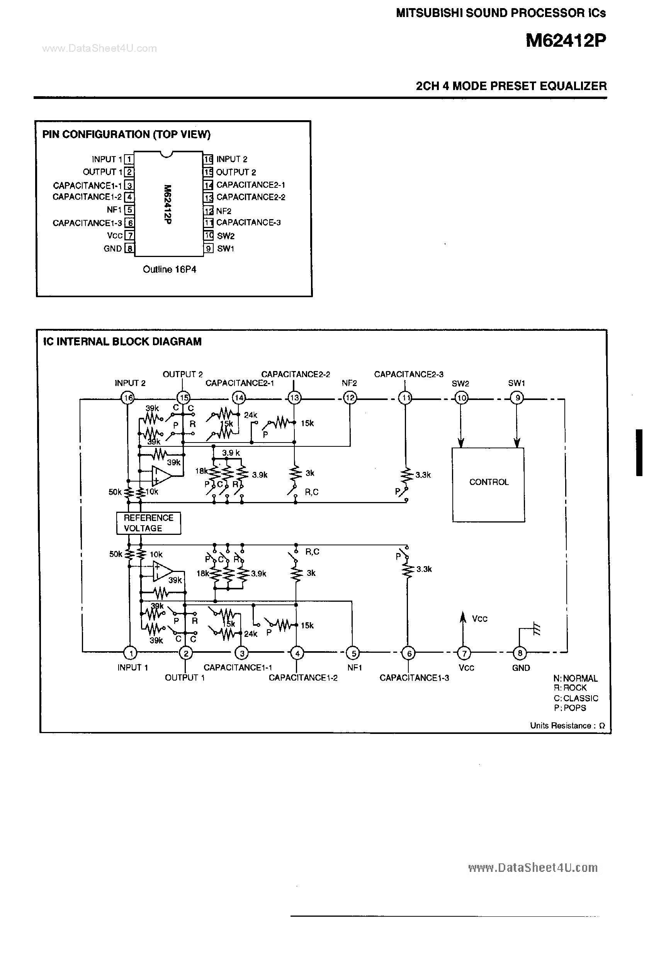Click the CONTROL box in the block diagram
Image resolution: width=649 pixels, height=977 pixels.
[x=488, y=484]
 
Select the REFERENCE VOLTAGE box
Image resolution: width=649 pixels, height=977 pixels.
[x=148, y=523]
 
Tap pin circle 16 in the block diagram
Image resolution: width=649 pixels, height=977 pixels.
[x=128, y=398]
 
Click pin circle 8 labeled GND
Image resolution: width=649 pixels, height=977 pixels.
[x=520, y=653]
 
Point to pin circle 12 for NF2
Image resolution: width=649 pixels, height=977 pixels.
[x=350, y=398]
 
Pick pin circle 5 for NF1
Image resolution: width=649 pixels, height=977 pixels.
[x=353, y=653]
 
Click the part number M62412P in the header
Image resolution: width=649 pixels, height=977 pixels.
[x=566, y=41]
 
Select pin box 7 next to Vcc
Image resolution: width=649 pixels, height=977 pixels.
[x=129, y=236]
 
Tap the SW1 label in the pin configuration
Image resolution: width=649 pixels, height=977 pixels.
[x=226, y=249]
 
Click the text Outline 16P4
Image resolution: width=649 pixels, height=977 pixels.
[x=169, y=269]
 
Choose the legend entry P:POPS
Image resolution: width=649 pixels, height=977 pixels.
[x=569, y=708]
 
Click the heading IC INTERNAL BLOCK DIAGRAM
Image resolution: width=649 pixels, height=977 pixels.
[x=122, y=342]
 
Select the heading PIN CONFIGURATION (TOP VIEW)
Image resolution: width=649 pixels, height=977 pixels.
[x=126, y=134]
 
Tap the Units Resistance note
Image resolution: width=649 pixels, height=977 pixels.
[x=567, y=726]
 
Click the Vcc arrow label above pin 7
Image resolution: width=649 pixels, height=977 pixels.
[x=479, y=619]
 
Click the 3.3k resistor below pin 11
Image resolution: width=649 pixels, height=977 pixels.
[x=407, y=475]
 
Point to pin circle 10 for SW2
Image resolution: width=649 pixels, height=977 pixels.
[x=461, y=398]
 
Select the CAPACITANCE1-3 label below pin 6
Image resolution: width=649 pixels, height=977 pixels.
[x=414, y=678]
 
